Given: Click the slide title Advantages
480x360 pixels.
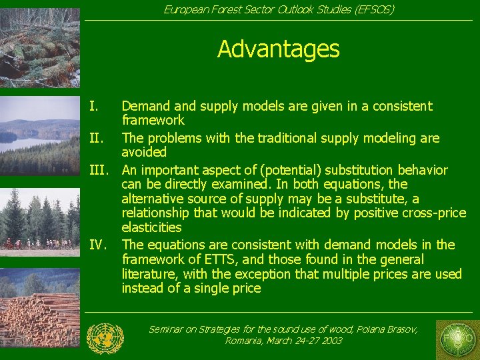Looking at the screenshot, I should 278,49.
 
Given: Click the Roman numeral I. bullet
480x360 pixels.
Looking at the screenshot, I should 95,106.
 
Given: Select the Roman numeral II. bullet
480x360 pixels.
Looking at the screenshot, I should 97,139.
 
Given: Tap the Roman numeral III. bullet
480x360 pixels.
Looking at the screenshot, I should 99,170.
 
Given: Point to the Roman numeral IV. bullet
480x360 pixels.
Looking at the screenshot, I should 98,245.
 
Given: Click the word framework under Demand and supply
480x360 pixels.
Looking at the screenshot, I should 153,121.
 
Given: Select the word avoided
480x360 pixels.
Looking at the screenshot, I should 144,153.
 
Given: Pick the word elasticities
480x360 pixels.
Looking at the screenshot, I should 151,228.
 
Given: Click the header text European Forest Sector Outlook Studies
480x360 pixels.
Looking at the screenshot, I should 279,9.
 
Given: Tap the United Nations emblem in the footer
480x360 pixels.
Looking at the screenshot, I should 105,337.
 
